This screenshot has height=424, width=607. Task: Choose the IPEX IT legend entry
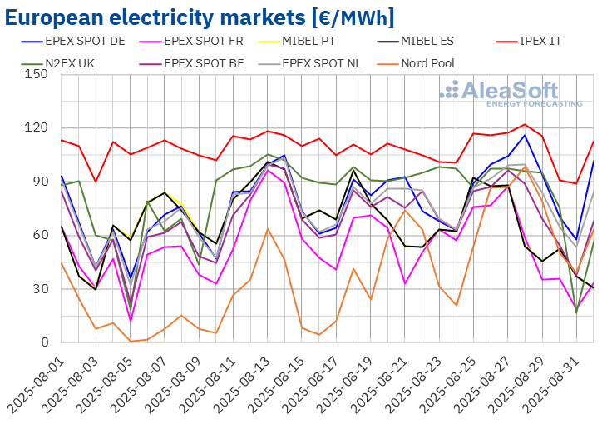[x=549, y=39]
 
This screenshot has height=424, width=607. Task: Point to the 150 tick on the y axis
[x=36, y=74]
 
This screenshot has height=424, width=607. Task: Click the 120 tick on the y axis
[x=36, y=127]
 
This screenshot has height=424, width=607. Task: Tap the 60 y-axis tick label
[x=40, y=235]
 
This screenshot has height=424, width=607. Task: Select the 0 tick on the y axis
[x=44, y=342]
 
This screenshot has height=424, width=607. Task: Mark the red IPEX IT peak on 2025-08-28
[x=525, y=124]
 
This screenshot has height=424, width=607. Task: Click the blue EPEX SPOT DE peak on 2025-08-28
[x=525, y=135]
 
